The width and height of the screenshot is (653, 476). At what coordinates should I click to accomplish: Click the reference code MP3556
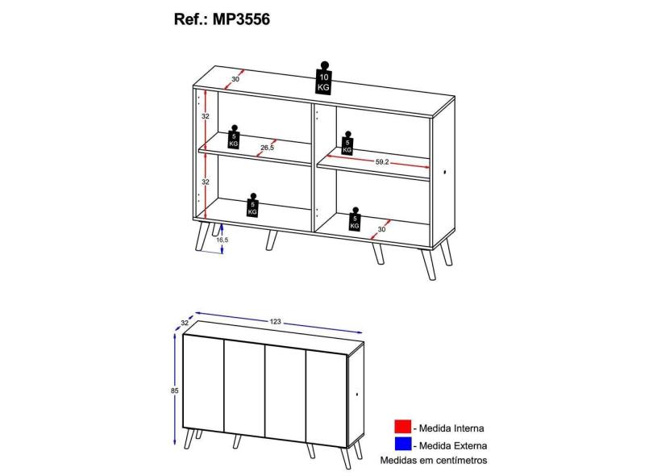tap(242, 19)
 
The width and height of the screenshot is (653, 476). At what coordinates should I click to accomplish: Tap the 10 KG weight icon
tap(323, 78)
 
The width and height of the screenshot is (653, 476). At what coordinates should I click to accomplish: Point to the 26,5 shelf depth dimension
tap(267, 148)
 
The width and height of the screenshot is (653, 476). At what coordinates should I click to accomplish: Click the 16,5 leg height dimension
tap(222, 240)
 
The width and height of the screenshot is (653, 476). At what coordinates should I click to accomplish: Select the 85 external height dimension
tap(174, 390)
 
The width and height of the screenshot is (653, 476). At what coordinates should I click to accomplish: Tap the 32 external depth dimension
tap(185, 323)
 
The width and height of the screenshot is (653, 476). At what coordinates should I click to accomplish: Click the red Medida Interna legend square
tap(402, 428)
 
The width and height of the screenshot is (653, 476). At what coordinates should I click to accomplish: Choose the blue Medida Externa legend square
tap(402, 445)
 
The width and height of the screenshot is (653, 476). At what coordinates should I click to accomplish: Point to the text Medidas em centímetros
tap(434, 460)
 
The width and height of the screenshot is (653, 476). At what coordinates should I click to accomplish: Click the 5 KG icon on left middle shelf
tap(234, 136)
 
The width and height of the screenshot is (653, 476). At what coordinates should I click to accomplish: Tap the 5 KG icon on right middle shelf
tap(347, 144)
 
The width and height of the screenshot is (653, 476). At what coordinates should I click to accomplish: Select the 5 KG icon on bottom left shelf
tap(252, 205)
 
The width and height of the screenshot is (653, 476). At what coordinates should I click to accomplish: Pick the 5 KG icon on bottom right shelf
tap(355, 219)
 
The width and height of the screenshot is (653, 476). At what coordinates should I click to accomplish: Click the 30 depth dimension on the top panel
tap(235, 79)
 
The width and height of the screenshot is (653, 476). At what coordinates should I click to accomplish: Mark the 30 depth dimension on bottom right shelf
tap(381, 229)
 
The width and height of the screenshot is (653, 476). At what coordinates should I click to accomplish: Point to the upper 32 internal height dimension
tap(206, 116)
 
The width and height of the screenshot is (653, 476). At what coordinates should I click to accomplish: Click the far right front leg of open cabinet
tap(428, 265)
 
